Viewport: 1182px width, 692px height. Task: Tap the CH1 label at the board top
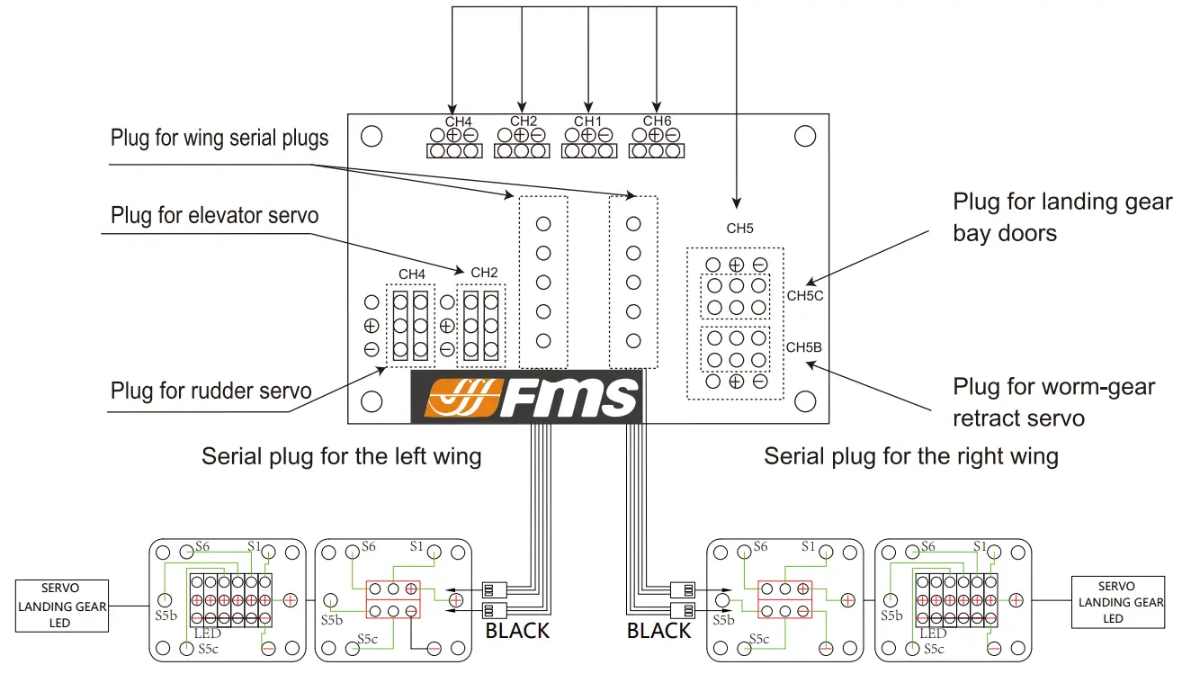click(588, 121)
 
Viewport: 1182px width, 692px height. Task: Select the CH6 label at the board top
click(657, 121)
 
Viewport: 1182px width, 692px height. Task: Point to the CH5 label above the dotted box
click(739, 229)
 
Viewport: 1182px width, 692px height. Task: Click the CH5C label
click(804, 295)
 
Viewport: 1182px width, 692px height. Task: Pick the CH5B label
click(804, 346)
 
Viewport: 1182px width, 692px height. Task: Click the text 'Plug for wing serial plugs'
click(219, 138)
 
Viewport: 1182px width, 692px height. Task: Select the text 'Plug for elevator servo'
click(214, 216)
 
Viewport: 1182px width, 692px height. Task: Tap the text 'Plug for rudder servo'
click(210, 391)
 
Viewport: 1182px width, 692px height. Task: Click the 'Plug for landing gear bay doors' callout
click(1062, 217)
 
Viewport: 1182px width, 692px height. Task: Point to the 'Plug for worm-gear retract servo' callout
click(1053, 402)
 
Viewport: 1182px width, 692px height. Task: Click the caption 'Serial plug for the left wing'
click(341, 456)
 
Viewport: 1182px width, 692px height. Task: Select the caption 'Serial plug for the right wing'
click(910, 456)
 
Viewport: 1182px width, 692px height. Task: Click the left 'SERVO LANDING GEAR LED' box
click(61, 605)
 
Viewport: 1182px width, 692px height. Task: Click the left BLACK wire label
click(517, 631)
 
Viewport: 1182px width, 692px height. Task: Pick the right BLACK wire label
click(658, 631)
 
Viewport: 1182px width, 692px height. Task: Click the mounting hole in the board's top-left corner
click(371, 136)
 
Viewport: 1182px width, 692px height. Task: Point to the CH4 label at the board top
click(459, 121)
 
